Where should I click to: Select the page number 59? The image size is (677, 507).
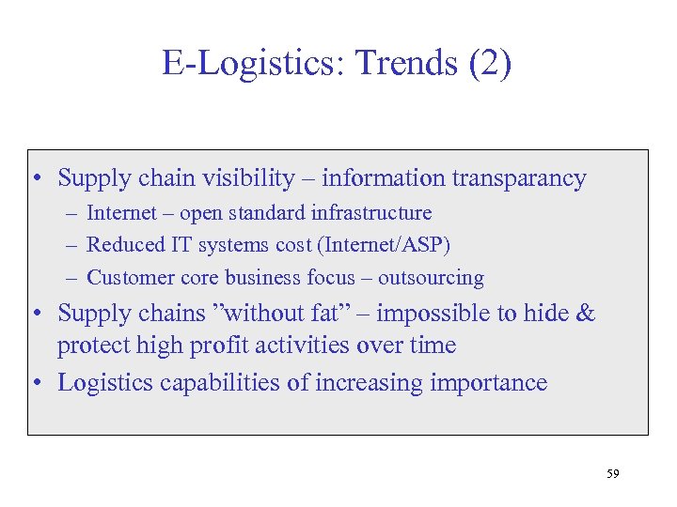(x=613, y=475)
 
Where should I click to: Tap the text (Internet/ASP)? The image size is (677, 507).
(x=385, y=245)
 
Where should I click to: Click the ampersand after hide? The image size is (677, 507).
(x=585, y=313)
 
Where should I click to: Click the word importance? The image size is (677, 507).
(x=487, y=382)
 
